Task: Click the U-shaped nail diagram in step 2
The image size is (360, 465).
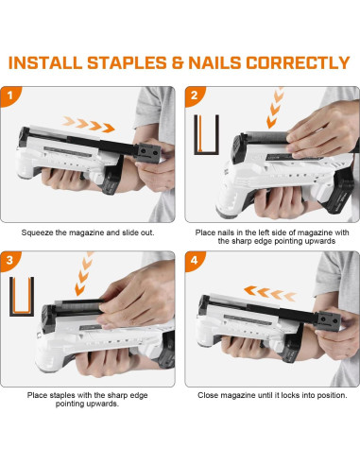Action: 206,135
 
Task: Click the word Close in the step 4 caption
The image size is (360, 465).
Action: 209,394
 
